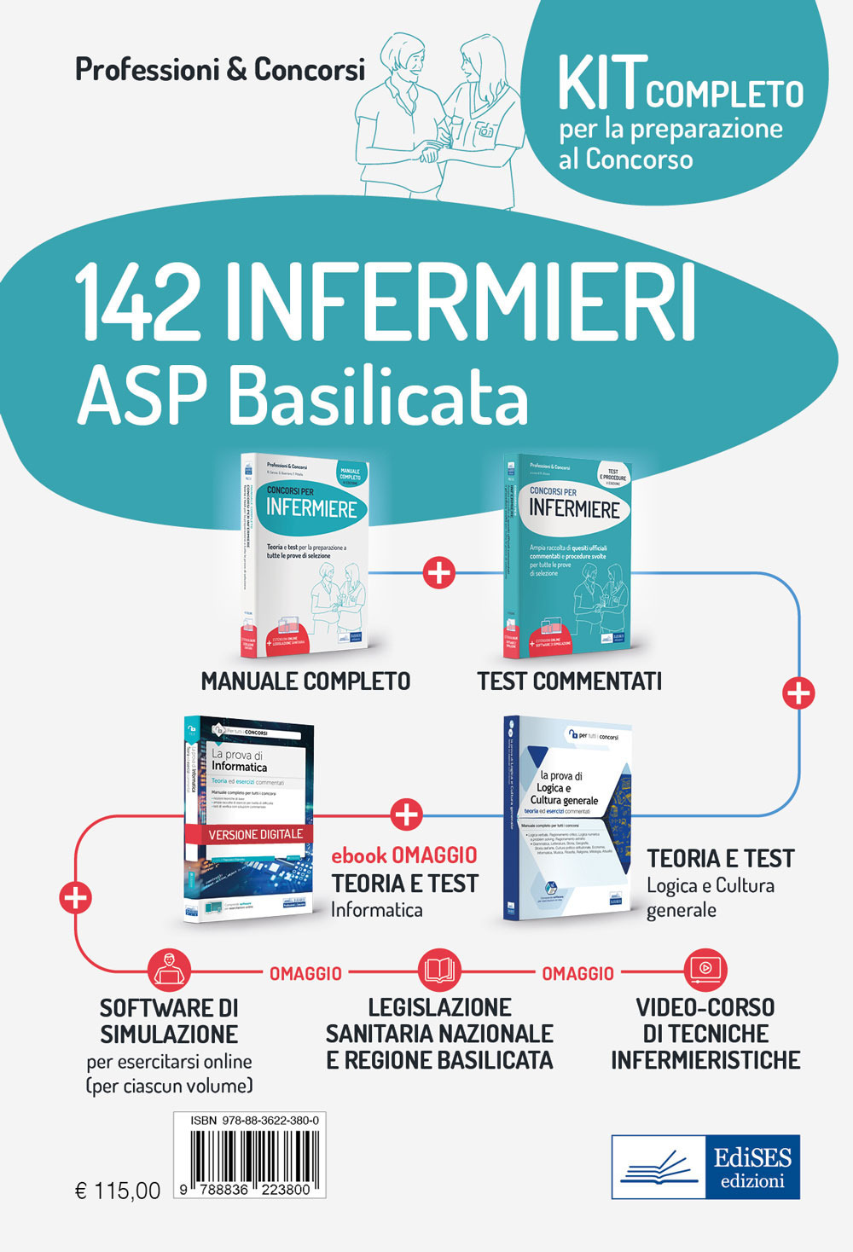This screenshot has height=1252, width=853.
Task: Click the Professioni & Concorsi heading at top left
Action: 220,69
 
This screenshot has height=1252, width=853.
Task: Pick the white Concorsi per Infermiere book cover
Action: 305,554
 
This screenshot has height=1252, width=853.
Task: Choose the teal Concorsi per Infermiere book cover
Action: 568,554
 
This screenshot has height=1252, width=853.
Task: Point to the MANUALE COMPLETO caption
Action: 305,681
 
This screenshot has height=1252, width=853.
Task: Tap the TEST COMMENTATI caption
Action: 569,681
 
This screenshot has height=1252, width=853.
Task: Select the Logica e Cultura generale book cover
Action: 568,819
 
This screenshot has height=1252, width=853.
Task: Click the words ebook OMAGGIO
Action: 403,855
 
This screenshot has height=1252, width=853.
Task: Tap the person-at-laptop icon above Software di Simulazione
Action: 169,970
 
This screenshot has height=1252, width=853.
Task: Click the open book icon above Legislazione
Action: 440,970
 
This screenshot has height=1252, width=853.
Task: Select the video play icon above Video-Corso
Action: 705,969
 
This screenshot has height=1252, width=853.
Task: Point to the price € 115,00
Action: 118,1191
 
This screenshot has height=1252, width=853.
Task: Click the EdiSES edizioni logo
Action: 705,1167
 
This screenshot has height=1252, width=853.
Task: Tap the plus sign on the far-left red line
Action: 76,897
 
